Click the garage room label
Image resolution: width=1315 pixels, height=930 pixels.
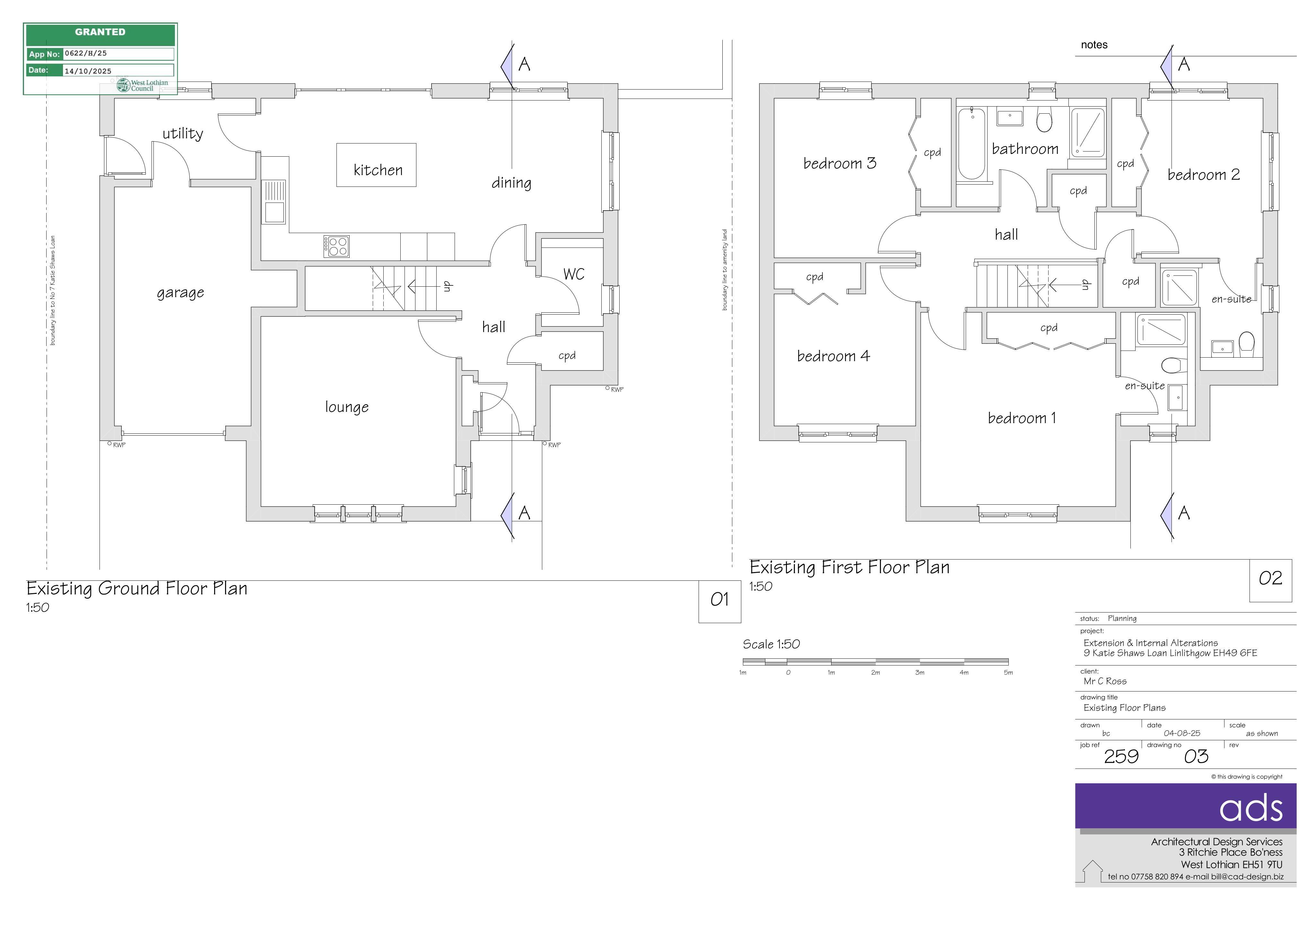[180, 293]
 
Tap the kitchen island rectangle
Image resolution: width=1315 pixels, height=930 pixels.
[376, 165]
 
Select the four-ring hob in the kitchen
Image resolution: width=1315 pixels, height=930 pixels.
[336, 246]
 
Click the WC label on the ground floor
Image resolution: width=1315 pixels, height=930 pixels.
[574, 274]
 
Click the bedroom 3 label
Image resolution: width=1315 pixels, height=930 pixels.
[840, 163]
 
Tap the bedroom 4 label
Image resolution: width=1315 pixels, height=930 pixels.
[833, 356]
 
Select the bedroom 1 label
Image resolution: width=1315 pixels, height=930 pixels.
[1022, 418]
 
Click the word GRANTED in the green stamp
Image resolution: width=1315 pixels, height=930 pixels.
[100, 32]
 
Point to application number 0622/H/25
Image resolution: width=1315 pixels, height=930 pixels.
[86, 53]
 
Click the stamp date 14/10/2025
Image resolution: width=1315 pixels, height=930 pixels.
[88, 71]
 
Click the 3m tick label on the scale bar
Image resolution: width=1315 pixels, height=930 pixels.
[920, 672]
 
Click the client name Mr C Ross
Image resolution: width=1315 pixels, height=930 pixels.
[1105, 681]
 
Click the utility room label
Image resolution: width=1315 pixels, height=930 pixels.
[183, 134]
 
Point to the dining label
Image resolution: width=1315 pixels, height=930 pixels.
[511, 183]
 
